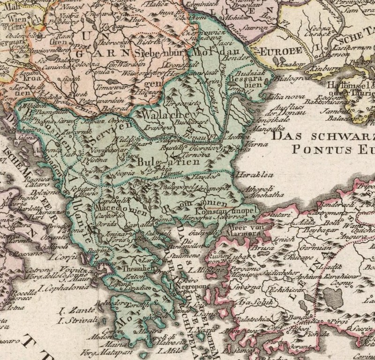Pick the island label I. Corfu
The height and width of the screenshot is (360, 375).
pyautogui.click(x=66, y=257)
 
